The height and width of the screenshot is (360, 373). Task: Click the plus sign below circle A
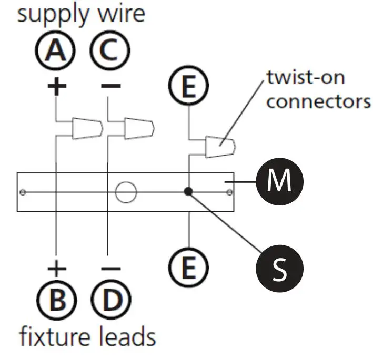(56, 86)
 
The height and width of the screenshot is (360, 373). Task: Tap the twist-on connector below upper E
(220, 146)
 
